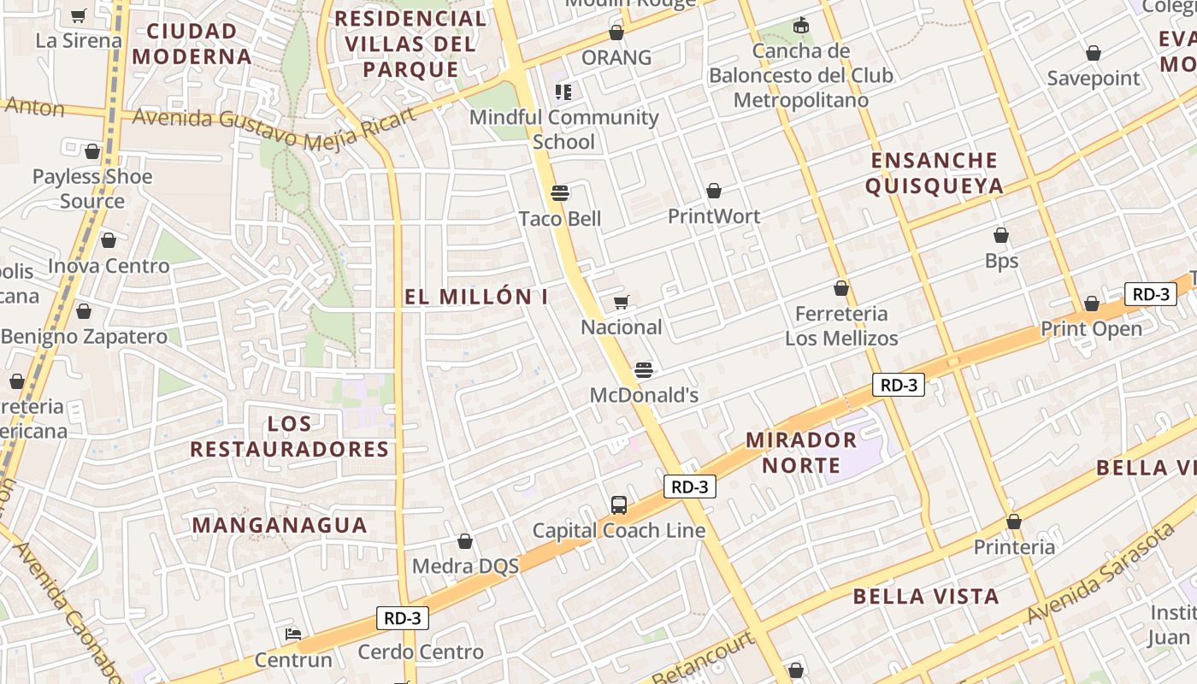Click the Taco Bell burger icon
coord(560,193)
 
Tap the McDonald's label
coord(645,395)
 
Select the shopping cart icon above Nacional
coord(622,302)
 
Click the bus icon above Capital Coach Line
coord(619,505)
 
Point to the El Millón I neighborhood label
coord(476,297)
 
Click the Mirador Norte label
coord(801,452)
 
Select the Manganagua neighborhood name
coord(280,525)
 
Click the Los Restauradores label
coord(289,436)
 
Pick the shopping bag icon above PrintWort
coord(714,191)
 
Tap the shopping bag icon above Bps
coord(1001,235)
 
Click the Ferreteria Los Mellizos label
coord(841,326)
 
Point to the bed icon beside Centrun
coord(292,634)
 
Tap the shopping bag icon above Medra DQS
coord(465,541)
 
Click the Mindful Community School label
coord(563,129)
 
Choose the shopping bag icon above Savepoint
coord(1093,54)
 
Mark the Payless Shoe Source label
coord(92,189)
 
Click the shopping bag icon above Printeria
coord(1014,522)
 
